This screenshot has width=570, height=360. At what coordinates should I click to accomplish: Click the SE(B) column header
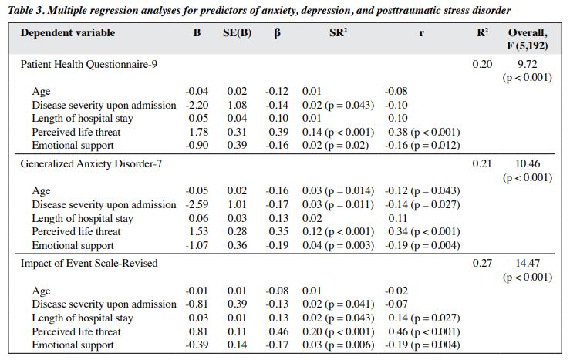[237, 33]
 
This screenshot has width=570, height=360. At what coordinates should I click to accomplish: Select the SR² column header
[338, 32]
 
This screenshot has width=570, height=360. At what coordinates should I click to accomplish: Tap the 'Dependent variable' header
[68, 32]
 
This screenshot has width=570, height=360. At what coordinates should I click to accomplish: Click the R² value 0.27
[482, 263]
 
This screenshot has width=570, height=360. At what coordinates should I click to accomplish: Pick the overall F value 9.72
[527, 64]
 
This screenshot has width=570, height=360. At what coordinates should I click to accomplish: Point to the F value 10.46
[528, 164]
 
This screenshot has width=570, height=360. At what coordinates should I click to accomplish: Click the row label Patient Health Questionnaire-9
[89, 64]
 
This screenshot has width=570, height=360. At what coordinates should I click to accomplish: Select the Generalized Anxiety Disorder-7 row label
[91, 164]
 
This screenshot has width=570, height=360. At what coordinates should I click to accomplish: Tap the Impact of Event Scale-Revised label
[89, 263]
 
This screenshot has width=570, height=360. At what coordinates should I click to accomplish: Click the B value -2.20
[197, 105]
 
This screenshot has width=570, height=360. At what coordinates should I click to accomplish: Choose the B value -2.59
[197, 204]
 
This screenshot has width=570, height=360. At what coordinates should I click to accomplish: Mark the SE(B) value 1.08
[237, 105]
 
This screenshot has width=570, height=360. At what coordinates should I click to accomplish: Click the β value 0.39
[278, 132]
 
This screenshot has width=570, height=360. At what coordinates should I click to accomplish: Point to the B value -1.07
[197, 245]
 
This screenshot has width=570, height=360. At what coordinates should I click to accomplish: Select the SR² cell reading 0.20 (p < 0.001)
[338, 331]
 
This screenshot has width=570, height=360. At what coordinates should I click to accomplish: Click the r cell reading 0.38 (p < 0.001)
[424, 132]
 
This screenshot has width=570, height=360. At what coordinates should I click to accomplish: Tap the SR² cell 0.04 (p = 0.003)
[338, 245]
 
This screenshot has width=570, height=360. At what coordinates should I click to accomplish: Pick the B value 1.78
[198, 132]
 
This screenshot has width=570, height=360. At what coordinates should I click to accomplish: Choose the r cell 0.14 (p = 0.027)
[424, 318]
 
